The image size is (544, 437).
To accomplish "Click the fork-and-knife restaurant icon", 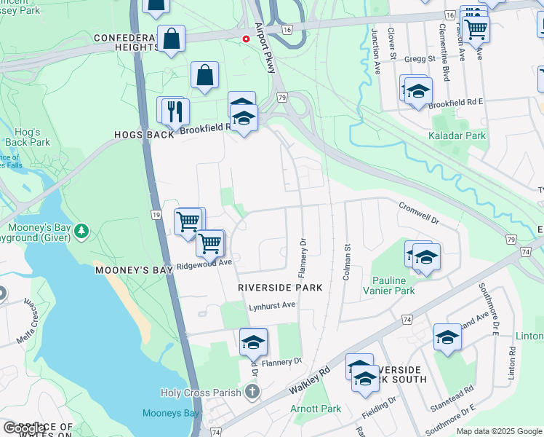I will click(175, 111).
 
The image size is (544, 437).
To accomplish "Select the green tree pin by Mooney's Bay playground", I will click(82, 232).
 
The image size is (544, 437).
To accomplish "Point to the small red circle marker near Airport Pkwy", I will click(246, 39).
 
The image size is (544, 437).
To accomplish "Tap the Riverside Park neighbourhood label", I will click(280, 288).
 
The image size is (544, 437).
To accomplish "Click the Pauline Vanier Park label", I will click(393, 286).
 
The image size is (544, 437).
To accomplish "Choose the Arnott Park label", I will click(316, 409).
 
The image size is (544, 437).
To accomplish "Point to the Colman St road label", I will click(347, 263).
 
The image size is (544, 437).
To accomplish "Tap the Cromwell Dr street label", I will click(419, 213).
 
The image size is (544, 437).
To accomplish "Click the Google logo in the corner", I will click(24, 428).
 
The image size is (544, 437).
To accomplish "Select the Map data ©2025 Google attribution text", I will click(498, 431).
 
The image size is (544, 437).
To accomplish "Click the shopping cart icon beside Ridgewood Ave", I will click(210, 244).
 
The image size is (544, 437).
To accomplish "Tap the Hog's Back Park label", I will click(27, 137).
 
